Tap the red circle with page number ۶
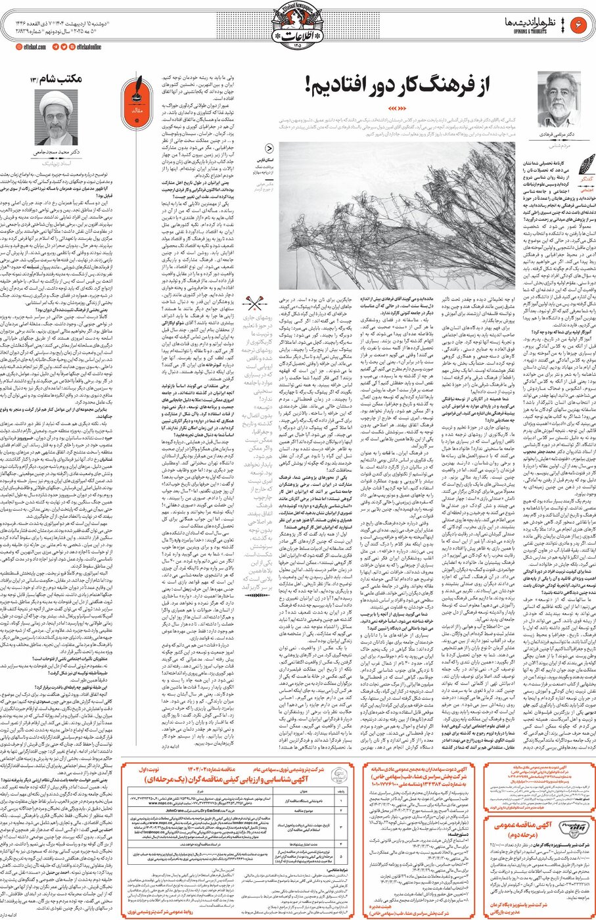pos(580,25)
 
